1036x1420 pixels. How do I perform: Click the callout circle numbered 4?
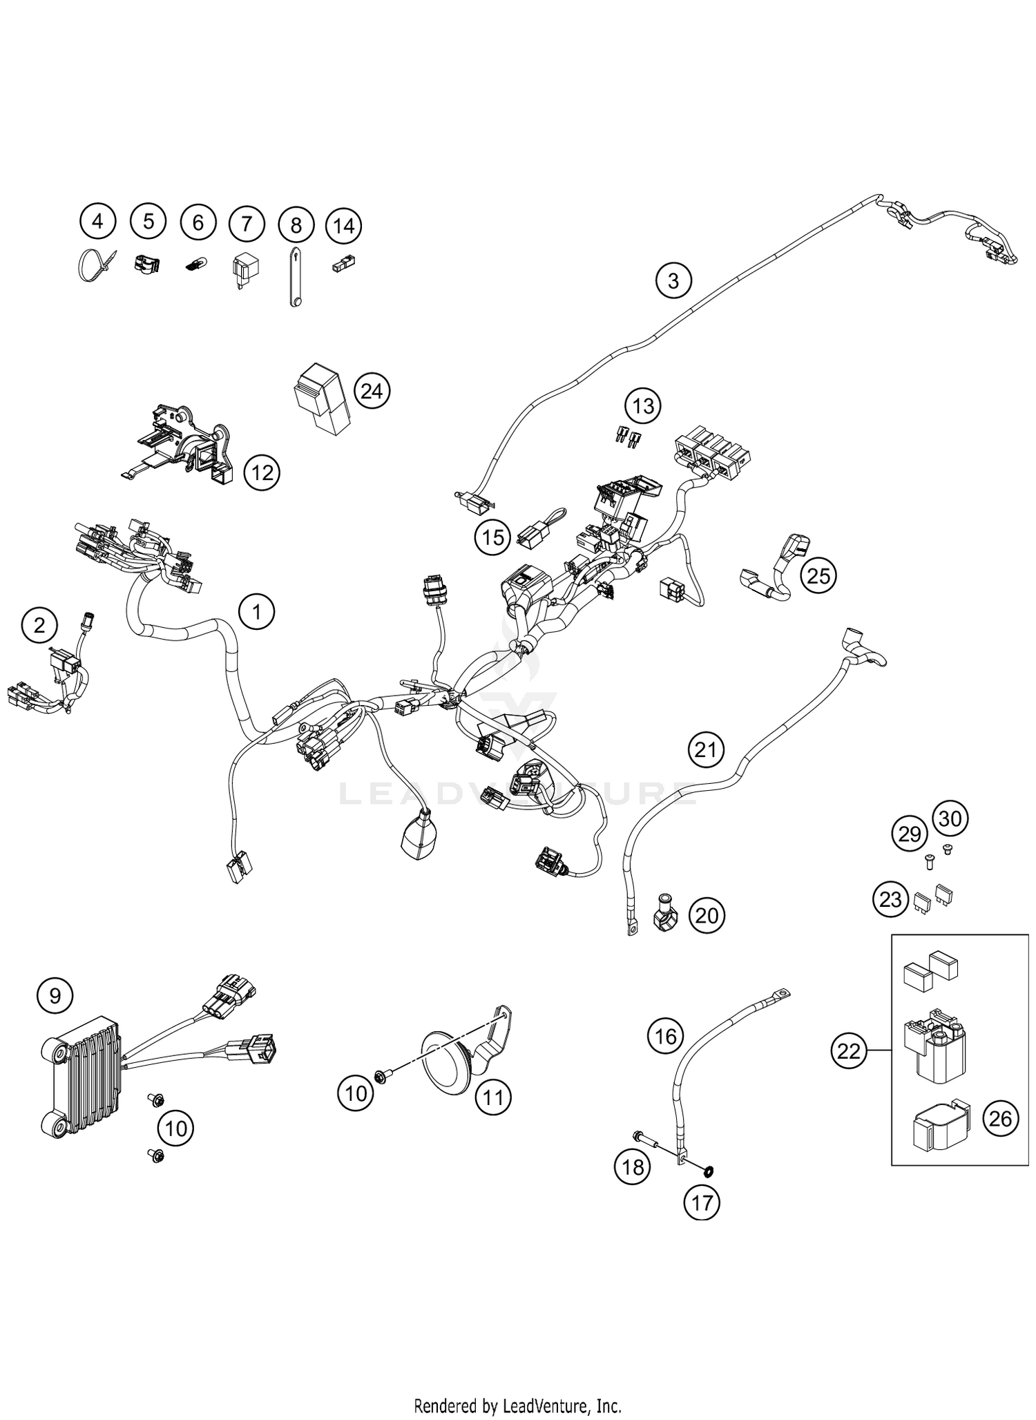[97, 222]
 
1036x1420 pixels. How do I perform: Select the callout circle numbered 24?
[372, 391]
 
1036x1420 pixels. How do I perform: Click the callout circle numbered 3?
[673, 280]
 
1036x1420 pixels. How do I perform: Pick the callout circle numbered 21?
[706, 749]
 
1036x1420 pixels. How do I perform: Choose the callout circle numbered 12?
[262, 473]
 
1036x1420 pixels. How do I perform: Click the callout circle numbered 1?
[256, 611]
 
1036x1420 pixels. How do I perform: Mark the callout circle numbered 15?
[493, 537]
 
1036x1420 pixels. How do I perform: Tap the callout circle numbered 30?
[951, 818]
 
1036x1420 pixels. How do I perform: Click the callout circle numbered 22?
[849, 1051]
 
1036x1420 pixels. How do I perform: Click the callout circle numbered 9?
[55, 995]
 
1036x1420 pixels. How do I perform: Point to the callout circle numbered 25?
[818, 575]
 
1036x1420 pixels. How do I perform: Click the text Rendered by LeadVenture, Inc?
[517, 1405]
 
